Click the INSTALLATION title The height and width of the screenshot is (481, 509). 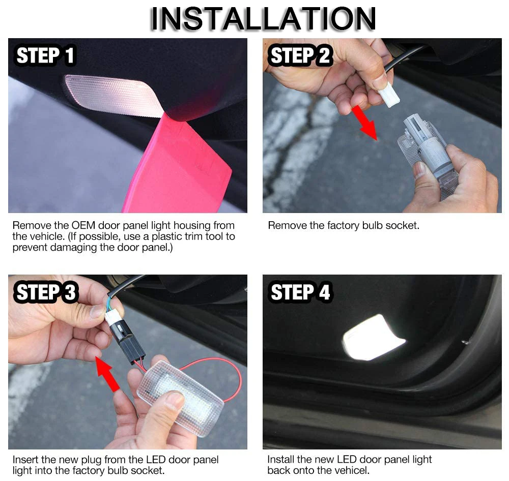263,18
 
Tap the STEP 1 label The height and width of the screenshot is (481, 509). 45,55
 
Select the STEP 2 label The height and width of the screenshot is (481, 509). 300,55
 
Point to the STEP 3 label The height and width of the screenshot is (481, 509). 46,292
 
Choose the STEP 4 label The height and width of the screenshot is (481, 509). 300,292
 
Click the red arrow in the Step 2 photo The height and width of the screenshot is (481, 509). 364,122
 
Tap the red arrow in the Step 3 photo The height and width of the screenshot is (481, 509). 107,373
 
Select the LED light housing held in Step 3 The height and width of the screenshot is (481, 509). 180,397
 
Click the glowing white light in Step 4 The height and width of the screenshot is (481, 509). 373,338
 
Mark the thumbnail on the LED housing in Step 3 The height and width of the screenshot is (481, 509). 175,400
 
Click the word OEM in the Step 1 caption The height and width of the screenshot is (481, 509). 83,225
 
